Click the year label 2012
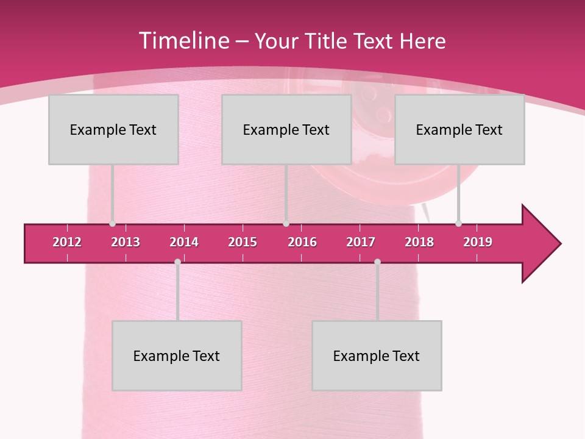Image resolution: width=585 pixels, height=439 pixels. pos(67,242)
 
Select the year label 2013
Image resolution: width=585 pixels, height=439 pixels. pos(126,242)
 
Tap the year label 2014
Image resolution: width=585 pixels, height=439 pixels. pos(184,242)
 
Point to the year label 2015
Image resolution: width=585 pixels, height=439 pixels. pos(243,242)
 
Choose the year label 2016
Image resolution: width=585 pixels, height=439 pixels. pos(302,242)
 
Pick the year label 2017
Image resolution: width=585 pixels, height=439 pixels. pos(361,242)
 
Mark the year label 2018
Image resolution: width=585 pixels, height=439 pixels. pos(419,242)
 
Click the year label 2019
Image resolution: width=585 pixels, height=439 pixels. pos(478,242)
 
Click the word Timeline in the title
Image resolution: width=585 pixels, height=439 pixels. pos(183,41)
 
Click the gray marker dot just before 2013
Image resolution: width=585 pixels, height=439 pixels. pos(112,224)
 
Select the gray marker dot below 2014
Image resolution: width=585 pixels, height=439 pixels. pos(177,262)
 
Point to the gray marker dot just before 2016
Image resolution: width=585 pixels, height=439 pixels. pos(286,224)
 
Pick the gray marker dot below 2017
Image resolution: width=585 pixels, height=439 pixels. pos(377,262)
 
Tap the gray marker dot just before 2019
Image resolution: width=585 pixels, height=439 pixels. pos(458,224)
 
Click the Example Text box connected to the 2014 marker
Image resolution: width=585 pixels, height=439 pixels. pos(177,355)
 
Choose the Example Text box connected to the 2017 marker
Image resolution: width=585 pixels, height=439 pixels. pos(377,355)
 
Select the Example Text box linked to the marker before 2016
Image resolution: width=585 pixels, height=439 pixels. pos(286,129)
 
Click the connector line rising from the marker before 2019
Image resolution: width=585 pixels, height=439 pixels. pos(458,192)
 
